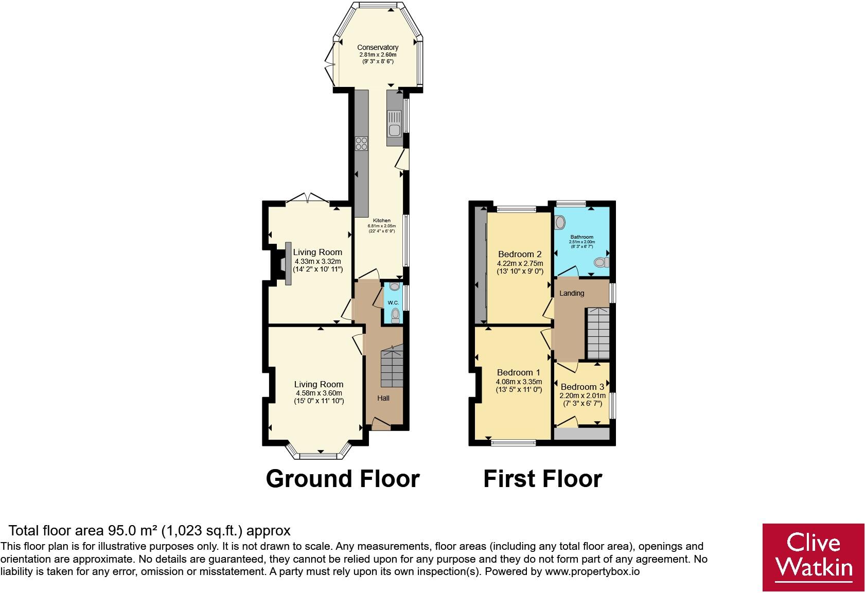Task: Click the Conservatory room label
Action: pos(378,47)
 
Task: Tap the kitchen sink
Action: pos(394,123)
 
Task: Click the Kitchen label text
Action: pos(381,221)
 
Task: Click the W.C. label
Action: pos(394,303)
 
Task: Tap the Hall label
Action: pos(383,398)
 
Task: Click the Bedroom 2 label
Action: pos(520,254)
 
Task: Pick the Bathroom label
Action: pos(581,237)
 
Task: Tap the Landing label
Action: pos(572,293)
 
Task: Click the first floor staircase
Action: pos(598,333)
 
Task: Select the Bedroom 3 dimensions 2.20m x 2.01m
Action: pos(582,396)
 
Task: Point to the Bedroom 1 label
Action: pos(519,372)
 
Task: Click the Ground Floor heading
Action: pos(343,479)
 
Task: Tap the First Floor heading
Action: pos(543,479)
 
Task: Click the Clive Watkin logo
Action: pos(813,557)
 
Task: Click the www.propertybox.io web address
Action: pos(592,571)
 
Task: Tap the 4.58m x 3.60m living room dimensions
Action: pos(319,393)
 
